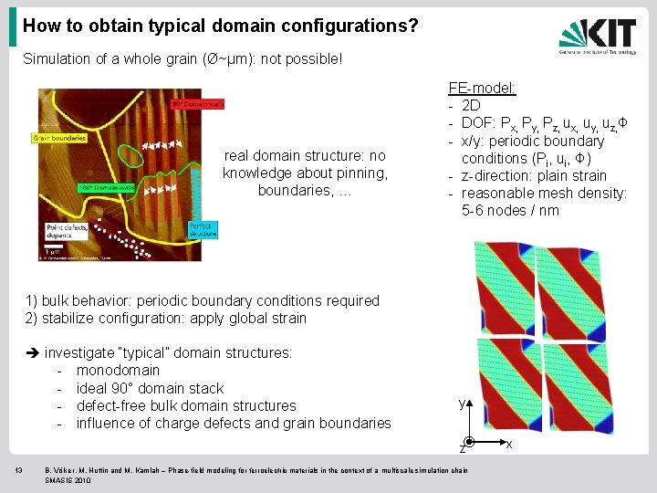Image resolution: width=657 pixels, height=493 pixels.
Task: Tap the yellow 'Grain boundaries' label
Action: pyautogui.click(x=59, y=139)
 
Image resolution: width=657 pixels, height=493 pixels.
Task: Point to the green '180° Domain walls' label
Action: pyautogui.click(x=108, y=187)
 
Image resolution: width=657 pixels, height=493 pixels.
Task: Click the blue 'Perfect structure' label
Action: pyautogui.click(x=203, y=229)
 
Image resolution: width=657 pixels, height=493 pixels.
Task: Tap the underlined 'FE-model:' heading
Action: pyautogui.click(x=482, y=89)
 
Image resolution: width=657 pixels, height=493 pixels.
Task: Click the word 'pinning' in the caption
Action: pyautogui.click(x=362, y=173)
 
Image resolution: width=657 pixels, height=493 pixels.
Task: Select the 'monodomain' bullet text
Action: pyautogui.click(x=118, y=371)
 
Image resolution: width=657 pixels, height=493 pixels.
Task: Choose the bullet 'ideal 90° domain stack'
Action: pyautogui.click(x=150, y=388)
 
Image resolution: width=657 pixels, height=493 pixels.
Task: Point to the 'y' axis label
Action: pyautogui.click(x=461, y=403)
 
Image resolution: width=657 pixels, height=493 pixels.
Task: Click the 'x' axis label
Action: pyautogui.click(x=508, y=445)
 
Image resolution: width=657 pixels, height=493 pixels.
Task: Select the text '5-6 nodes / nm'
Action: pyautogui.click(x=511, y=211)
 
